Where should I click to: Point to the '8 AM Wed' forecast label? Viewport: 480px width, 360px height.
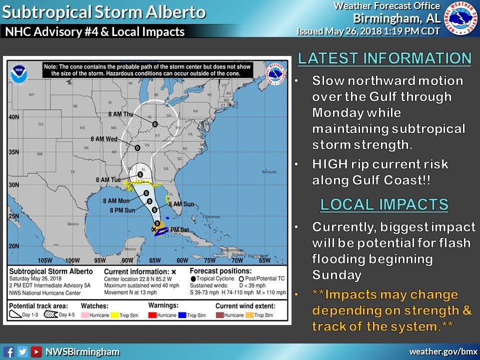103,139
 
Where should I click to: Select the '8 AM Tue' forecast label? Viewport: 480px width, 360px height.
109,179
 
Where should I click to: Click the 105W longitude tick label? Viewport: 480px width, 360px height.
45,260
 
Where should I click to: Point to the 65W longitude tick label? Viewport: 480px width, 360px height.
264,260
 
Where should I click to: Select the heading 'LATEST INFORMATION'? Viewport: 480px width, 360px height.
384,58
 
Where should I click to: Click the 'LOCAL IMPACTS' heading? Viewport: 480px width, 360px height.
384,204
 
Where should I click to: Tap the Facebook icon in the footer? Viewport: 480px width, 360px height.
8,351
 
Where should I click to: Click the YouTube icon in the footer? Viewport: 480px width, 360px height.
36,351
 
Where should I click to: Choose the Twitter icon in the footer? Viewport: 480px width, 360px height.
22,351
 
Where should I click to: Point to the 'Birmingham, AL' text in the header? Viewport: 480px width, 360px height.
396,18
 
